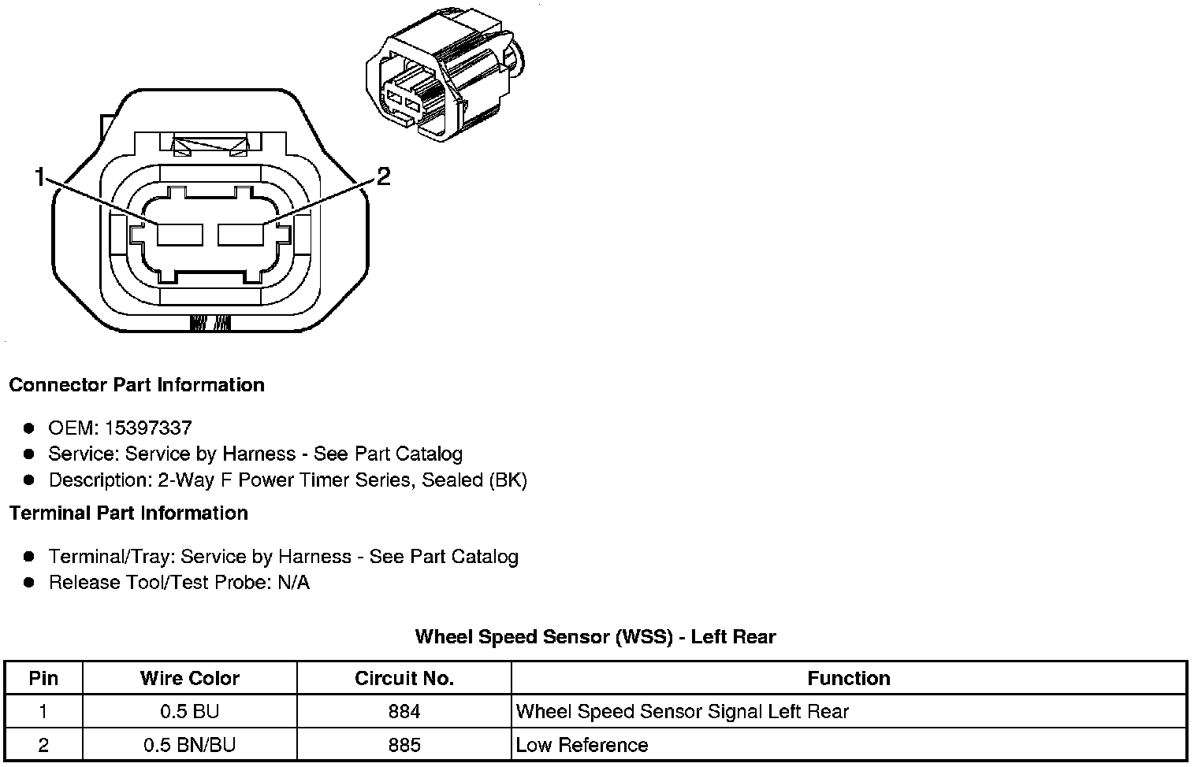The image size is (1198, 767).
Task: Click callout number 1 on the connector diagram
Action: (x=39, y=178)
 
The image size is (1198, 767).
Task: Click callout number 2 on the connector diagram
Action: (x=383, y=176)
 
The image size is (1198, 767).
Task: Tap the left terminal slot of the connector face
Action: (x=180, y=235)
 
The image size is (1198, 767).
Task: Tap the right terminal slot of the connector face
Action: (x=240, y=235)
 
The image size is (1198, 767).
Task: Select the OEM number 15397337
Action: (x=148, y=428)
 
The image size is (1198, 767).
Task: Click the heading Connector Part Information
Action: (x=136, y=385)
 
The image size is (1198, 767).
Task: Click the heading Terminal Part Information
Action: (x=128, y=513)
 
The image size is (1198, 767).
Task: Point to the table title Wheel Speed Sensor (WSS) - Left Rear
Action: (x=595, y=636)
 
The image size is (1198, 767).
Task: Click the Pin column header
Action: (x=43, y=678)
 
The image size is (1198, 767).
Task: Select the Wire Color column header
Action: (x=190, y=678)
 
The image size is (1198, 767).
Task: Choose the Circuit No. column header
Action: (x=404, y=678)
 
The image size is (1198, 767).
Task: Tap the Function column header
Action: (x=849, y=678)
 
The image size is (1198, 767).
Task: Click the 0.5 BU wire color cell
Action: (x=190, y=712)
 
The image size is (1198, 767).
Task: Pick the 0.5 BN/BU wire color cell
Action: (x=190, y=745)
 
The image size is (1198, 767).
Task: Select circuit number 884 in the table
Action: (x=404, y=712)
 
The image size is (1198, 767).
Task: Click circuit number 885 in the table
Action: (x=404, y=745)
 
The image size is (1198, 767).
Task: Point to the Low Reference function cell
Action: (x=582, y=745)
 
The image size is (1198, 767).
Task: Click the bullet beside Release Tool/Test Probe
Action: (x=29, y=583)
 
